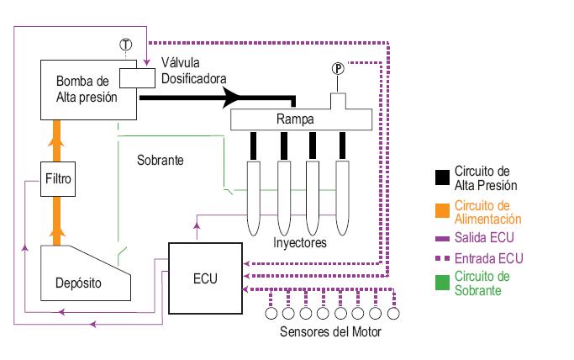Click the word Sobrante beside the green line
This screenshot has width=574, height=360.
coord(160,159)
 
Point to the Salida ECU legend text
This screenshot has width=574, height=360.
coord(484,238)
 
